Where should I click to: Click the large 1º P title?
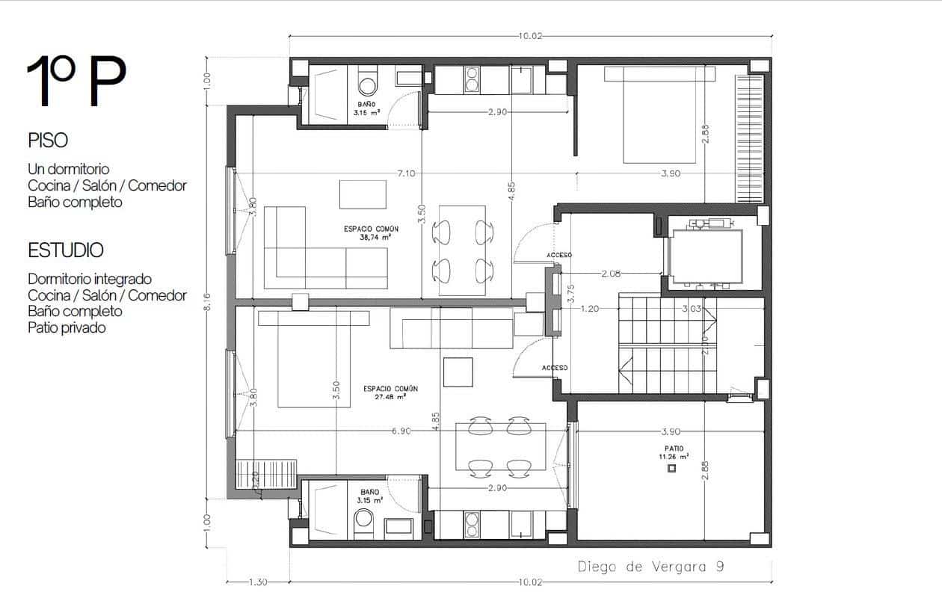tap(76, 81)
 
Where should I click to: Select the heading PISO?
tap(48, 141)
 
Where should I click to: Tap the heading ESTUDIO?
tap(66, 250)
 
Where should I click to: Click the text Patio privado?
tap(67, 327)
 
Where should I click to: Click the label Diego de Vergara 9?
tap(650, 567)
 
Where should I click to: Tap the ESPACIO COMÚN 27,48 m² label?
tap(390, 392)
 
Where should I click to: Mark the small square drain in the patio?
tap(671, 468)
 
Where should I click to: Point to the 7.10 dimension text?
tap(407, 173)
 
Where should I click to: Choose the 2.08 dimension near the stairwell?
tap(610, 274)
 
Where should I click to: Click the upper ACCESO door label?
tap(558, 255)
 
